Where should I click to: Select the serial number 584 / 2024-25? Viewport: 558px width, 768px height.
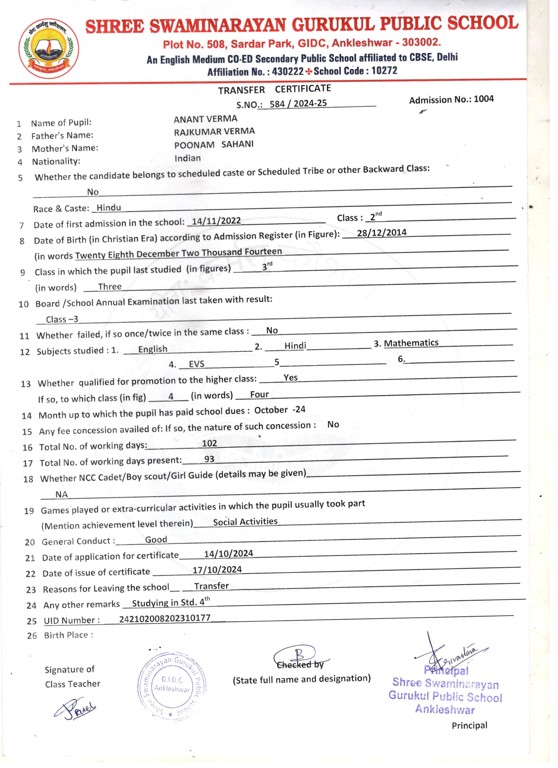[298, 103]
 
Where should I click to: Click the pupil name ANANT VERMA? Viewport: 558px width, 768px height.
[205, 119]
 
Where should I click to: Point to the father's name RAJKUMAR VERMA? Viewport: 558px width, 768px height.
[214, 132]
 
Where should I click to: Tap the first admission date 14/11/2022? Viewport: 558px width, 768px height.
[216, 221]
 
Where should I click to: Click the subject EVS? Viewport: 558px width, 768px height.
[196, 364]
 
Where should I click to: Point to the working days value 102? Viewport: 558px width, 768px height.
[209, 443]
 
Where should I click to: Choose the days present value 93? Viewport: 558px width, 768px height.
[209, 459]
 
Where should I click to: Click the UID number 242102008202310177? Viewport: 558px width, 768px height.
[165, 618]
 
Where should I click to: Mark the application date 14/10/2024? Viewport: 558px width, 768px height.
[228, 554]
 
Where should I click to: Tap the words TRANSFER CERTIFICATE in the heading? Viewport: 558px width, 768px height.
[274, 89]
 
